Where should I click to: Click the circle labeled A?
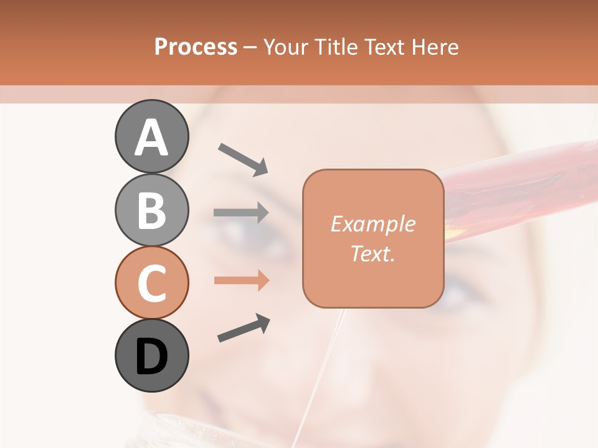[x=151, y=137]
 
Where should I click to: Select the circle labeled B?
[x=151, y=210]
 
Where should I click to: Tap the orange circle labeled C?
[x=151, y=282]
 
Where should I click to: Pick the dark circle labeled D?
[x=151, y=355]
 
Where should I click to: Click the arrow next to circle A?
[x=242, y=159]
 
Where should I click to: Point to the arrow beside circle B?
[x=241, y=212]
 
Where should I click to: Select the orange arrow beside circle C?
[x=241, y=281]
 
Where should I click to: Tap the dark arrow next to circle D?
[x=243, y=329]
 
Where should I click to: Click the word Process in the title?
[x=196, y=47]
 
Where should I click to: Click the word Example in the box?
[x=373, y=225]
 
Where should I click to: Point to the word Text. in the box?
[x=373, y=253]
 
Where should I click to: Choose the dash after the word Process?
[x=250, y=47]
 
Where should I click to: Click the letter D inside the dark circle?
[x=151, y=357]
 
